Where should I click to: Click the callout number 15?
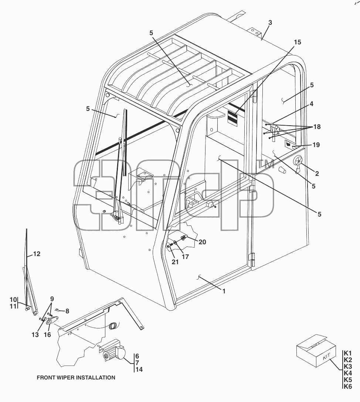click(x=298, y=42)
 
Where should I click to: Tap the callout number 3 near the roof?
click(x=270, y=23)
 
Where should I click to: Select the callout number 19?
click(x=316, y=145)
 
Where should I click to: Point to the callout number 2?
click(x=317, y=174)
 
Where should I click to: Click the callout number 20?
click(x=202, y=242)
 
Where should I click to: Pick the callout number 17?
click(x=185, y=257)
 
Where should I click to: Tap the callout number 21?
click(x=175, y=262)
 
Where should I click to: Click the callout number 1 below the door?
click(x=224, y=291)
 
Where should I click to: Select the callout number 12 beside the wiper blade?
click(x=37, y=254)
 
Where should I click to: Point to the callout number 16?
click(x=47, y=335)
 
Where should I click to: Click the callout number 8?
click(x=67, y=311)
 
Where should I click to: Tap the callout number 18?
click(x=317, y=127)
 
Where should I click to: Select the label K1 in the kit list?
click(x=348, y=353)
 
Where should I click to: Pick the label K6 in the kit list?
click(x=348, y=386)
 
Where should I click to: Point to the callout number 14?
click(x=139, y=369)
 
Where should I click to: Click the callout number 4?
click(x=311, y=104)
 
